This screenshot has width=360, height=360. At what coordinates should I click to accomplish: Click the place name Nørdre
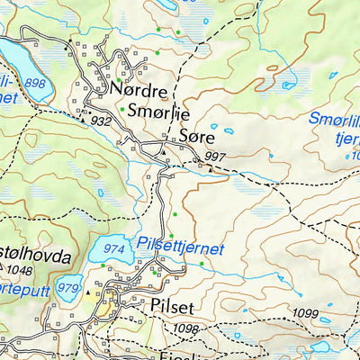coord(139,91)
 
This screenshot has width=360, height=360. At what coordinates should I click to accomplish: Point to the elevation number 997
coord(215,157)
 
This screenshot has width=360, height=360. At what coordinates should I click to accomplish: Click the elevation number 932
coord(101,121)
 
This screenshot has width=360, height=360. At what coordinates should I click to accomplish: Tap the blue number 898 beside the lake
coord(36,84)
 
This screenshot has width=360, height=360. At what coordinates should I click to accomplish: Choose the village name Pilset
coord(173,305)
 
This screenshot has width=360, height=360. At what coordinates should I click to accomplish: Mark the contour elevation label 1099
coord(306,312)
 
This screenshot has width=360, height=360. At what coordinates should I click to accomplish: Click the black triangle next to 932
coord(84,118)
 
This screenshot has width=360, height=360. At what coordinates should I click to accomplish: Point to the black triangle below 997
coord(211,166)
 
